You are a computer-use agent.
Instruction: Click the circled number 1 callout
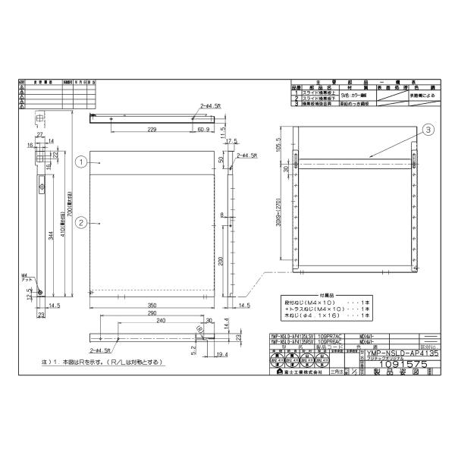[x=80, y=161]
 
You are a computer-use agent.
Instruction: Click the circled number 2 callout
[x=80, y=221]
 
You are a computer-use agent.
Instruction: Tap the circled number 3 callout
[x=428, y=130]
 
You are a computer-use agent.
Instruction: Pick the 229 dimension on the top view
[x=152, y=130]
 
